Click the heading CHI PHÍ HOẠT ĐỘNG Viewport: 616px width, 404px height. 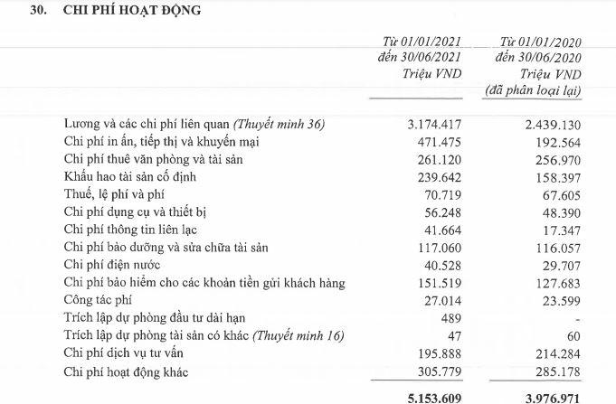tap(133, 12)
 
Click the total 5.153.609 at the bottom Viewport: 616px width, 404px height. tap(431, 396)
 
